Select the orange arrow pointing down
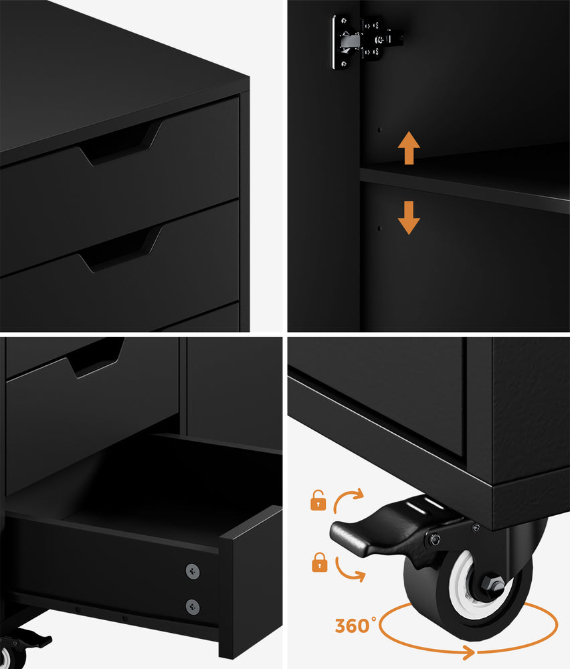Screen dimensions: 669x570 408,217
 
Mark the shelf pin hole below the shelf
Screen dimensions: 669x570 378,228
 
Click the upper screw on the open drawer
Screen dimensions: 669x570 192,571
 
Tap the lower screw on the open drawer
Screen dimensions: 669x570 192,605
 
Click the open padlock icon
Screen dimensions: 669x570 318,500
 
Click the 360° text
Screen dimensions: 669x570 353,626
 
